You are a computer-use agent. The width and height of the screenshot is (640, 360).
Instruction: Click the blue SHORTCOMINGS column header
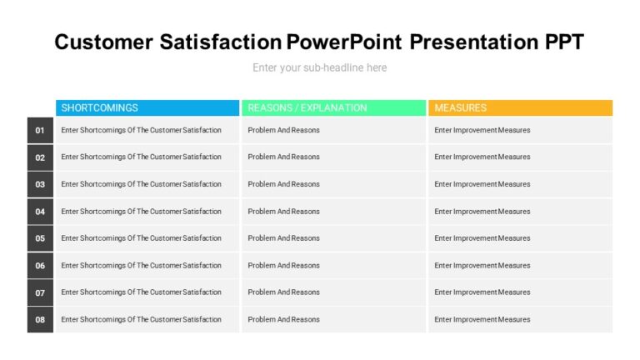coord(147,107)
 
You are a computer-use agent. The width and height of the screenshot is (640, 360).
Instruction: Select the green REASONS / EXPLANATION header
coord(333,107)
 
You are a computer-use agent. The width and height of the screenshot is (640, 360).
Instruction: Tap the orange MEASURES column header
coord(520,107)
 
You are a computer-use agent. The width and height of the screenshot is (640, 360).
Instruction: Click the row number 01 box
coord(40,130)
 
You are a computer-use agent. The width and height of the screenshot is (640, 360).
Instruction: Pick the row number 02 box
coord(40,157)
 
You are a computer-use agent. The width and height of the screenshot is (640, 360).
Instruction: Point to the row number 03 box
coord(40,184)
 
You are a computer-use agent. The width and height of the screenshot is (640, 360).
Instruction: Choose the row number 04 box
coord(40,212)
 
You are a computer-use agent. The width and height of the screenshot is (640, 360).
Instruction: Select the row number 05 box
coord(40,238)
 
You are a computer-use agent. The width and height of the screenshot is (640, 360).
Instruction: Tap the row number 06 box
coord(40,266)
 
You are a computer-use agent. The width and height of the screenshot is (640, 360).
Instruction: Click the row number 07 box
coord(40,292)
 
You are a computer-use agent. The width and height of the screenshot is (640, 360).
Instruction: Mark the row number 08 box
coord(40,319)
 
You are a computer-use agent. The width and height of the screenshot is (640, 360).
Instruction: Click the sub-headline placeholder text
coord(320,67)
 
